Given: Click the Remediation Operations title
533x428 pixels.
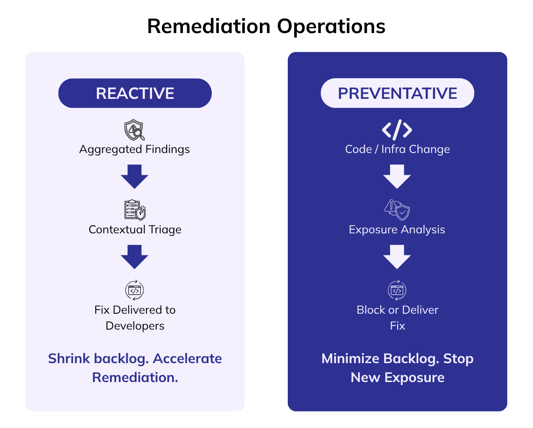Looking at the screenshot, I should click(x=266, y=26).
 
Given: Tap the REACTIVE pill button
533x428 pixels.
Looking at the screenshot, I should click(x=135, y=93).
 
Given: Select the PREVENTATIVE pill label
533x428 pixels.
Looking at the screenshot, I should click(x=397, y=93).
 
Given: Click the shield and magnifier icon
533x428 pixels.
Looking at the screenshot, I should click(x=134, y=130).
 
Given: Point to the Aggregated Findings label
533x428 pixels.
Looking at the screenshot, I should click(x=134, y=149).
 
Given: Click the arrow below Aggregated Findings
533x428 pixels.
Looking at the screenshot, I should click(x=134, y=176).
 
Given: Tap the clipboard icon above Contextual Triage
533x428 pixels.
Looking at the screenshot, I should click(x=135, y=210).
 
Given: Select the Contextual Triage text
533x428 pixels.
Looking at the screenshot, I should click(x=135, y=229).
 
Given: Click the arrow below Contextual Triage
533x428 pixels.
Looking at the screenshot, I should click(x=134, y=256).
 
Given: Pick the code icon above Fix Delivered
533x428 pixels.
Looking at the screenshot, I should click(x=134, y=290).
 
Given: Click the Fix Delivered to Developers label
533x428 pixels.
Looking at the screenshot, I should click(x=135, y=318).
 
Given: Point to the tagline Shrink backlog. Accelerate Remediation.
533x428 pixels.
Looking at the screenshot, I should click(x=135, y=368).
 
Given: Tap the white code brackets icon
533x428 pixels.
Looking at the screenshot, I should click(x=397, y=130).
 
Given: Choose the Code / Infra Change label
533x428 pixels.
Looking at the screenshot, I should click(x=397, y=149).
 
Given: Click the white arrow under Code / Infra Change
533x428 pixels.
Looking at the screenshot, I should click(x=397, y=176).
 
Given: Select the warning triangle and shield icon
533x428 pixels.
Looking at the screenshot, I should click(x=397, y=210).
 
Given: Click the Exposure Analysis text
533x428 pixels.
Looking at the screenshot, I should click(x=397, y=229).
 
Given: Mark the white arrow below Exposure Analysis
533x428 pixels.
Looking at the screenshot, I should click(x=397, y=256).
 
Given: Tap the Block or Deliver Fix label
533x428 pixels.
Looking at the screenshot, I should click(x=397, y=318).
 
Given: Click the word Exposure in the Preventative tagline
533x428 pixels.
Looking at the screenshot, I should click(x=414, y=377).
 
